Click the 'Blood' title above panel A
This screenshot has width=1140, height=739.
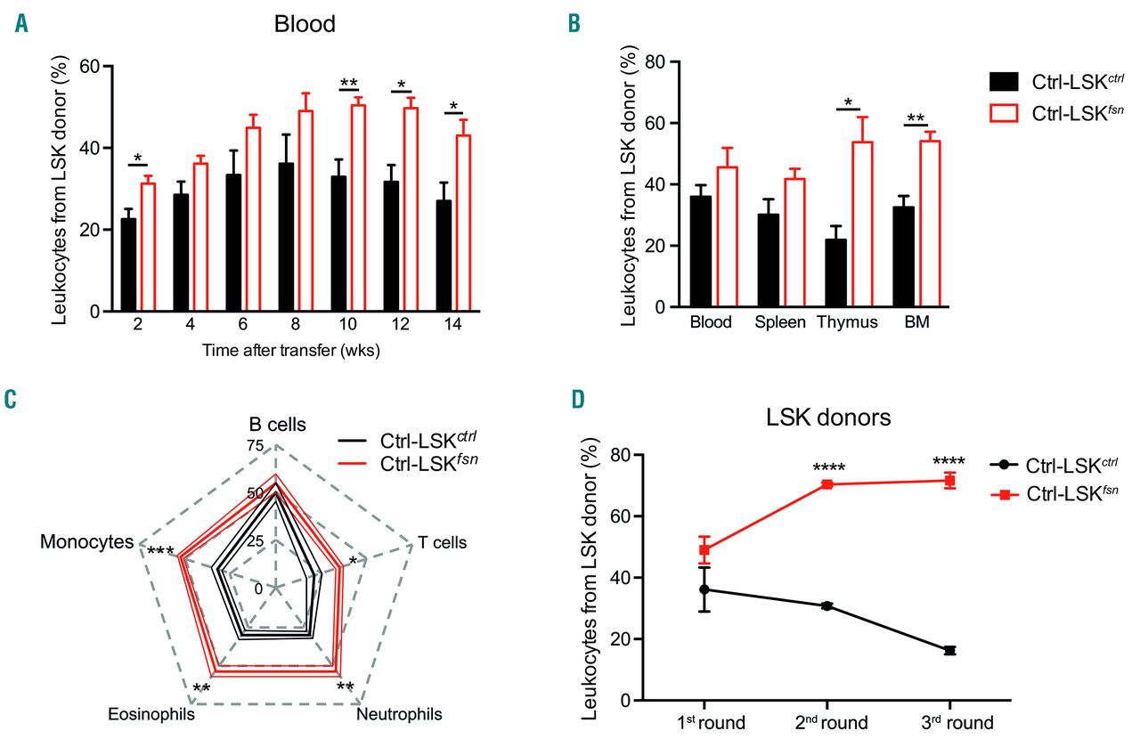pyautogui.click(x=305, y=24)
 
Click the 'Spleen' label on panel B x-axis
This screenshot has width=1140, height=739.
pyautogui.click(x=779, y=322)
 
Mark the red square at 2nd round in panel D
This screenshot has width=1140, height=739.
pyautogui.click(x=826, y=484)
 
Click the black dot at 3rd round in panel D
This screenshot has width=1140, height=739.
pyautogui.click(x=949, y=651)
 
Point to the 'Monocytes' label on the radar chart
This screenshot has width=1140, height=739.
pyautogui.click(x=86, y=542)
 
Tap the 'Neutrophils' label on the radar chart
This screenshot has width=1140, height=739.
pyautogui.click(x=399, y=713)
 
